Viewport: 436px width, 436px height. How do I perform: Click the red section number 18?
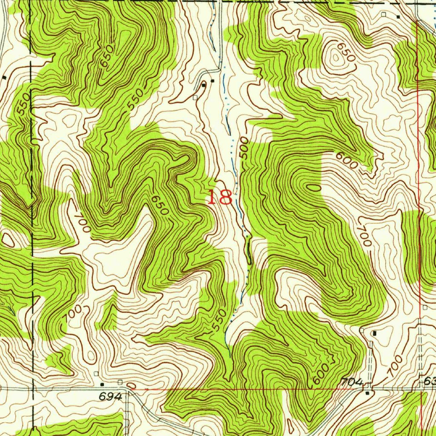click(220, 198)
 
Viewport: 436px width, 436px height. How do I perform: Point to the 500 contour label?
click(244, 148)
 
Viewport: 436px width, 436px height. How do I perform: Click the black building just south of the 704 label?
click(368, 393)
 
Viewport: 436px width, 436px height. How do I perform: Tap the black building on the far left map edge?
click(4, 77)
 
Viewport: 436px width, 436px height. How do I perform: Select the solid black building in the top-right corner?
click(398, 17)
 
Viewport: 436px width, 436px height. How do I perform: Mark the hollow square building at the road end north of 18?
click(195, 98)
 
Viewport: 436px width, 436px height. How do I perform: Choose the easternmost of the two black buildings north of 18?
click(212, 80)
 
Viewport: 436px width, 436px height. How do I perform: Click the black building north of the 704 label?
click(374, 333)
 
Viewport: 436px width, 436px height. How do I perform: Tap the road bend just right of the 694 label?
click(128, 390)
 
